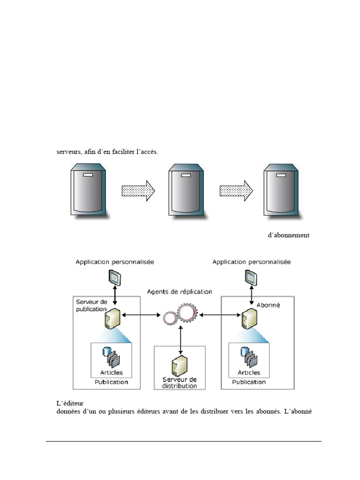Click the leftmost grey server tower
point(89,189)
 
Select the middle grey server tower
point(187,190)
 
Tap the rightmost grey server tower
point(281,190)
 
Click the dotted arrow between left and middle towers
point(138,191)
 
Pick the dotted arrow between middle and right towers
point(236,191)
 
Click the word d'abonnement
point(289,235)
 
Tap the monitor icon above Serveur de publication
point(115,277)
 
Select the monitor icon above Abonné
point(251,277)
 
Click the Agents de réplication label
point(180,292)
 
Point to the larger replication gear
point(187,312)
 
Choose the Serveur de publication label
point(91,306)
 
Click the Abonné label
point(268,305)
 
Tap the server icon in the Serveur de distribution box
point(180,366)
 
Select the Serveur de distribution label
point(180,382)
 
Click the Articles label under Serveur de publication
point(112,373)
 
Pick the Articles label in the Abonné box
point(249,373)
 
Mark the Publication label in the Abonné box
point(249,382)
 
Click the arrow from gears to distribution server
point(180,340)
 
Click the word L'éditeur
point(70,403)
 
